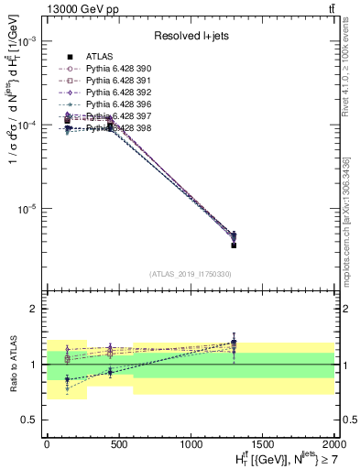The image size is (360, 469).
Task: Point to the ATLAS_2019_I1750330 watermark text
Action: pyautogui.click(x=190, y=274)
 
